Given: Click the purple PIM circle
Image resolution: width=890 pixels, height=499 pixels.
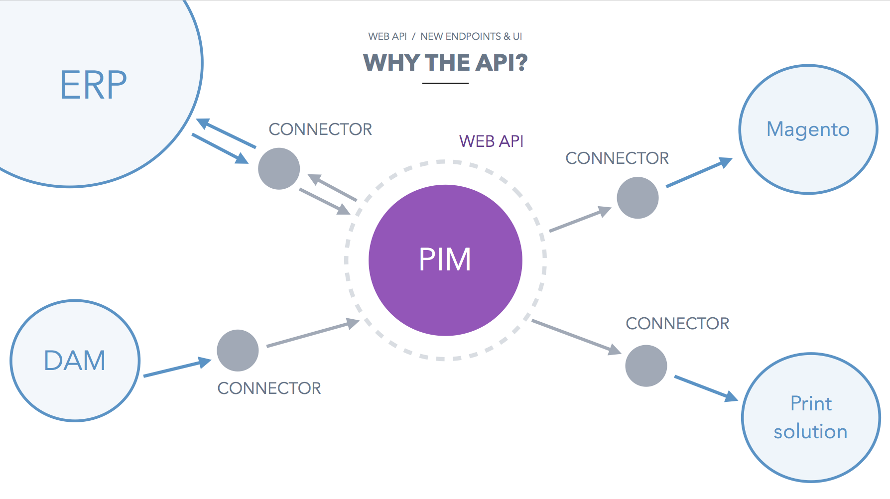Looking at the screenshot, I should click(445, 260).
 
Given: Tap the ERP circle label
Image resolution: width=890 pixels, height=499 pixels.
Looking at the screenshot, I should click(93, 85).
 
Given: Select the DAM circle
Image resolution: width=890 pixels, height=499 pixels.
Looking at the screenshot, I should click(75, 361).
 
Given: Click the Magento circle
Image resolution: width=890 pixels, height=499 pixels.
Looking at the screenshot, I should click(808, 129).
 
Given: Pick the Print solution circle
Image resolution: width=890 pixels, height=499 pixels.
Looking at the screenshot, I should click(811, 417).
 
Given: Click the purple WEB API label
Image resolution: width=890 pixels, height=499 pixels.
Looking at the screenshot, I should click(491, 141).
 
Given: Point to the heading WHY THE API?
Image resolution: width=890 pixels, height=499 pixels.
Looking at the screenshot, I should click(445, 63).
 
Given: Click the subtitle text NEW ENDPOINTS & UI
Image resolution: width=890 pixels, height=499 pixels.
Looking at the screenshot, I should click(471, 36).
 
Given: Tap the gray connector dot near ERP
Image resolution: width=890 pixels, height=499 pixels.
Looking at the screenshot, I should click(279, 169).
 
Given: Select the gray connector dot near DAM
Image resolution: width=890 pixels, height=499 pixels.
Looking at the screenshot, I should click(238, 351).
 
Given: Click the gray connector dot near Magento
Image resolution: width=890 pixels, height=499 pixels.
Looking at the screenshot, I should click(637, 198).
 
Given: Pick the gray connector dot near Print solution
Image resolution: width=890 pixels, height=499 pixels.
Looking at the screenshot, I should click(646, 366).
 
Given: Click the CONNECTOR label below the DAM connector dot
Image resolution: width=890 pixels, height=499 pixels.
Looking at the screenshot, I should click(269, 388).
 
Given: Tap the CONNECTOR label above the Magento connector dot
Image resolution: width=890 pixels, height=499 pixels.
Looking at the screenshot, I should click(617, 158).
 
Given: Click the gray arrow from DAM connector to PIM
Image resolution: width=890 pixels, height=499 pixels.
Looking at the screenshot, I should click(313, 334).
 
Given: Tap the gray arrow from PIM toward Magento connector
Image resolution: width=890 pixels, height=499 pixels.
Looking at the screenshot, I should click(580, 221).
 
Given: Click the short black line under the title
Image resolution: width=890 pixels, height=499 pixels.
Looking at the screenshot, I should click(445, 83).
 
